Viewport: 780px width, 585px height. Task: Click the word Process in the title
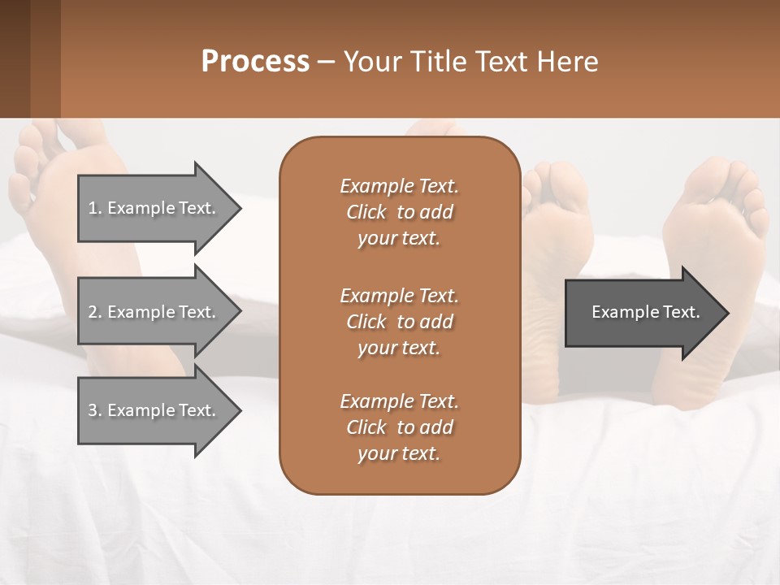tap(255, 62)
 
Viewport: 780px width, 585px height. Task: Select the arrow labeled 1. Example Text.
tap(154, 208)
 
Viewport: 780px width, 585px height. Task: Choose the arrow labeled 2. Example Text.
tap(154, 312)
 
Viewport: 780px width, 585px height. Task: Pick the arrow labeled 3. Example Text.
tap(154, 410)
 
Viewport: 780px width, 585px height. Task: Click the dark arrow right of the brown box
tap(642, 312)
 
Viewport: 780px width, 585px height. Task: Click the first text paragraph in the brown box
tap(399, 212)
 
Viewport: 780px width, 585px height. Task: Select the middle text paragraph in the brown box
tap(399, 321)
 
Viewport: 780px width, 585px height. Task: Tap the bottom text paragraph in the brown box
tap(399, 427)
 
